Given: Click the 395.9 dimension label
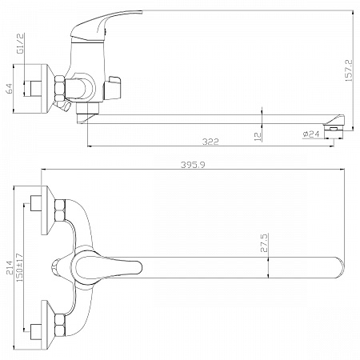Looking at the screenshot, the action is click(x=193, y=165).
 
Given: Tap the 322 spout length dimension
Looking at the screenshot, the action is click(x=210, y=142).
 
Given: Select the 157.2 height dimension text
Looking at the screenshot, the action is click(x=349, y=70).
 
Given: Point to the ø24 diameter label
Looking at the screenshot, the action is click(x=311, y=134).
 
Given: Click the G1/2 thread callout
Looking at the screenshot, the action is click(x=21, y=44).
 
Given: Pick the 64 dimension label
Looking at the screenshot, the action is click(x=9, y=89).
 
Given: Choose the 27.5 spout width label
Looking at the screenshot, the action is click(x=264, y=242).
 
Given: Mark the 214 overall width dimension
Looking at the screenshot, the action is click(x=10, y=267).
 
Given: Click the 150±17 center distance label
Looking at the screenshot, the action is click(x=19, y=267).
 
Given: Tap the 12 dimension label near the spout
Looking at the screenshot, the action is click(x=258, y=136).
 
